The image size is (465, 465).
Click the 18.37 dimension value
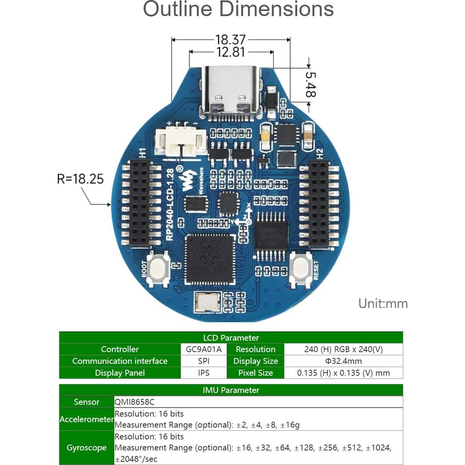click(231, 40)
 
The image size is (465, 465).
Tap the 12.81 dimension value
click(231, 52)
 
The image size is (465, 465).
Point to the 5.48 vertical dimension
click(311, 84)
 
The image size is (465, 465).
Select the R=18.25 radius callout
click(80, 179)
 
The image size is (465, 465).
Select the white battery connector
click(181, 142)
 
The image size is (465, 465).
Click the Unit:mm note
click(383, 304)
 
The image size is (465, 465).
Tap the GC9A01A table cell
click(204, 349)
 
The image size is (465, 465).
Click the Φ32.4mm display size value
click(343, 361)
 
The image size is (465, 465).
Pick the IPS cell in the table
click(204, 373)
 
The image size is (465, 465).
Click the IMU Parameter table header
click(231, 390)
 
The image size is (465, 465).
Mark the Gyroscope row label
click(87, 448)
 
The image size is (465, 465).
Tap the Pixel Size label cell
click(255, 373)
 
